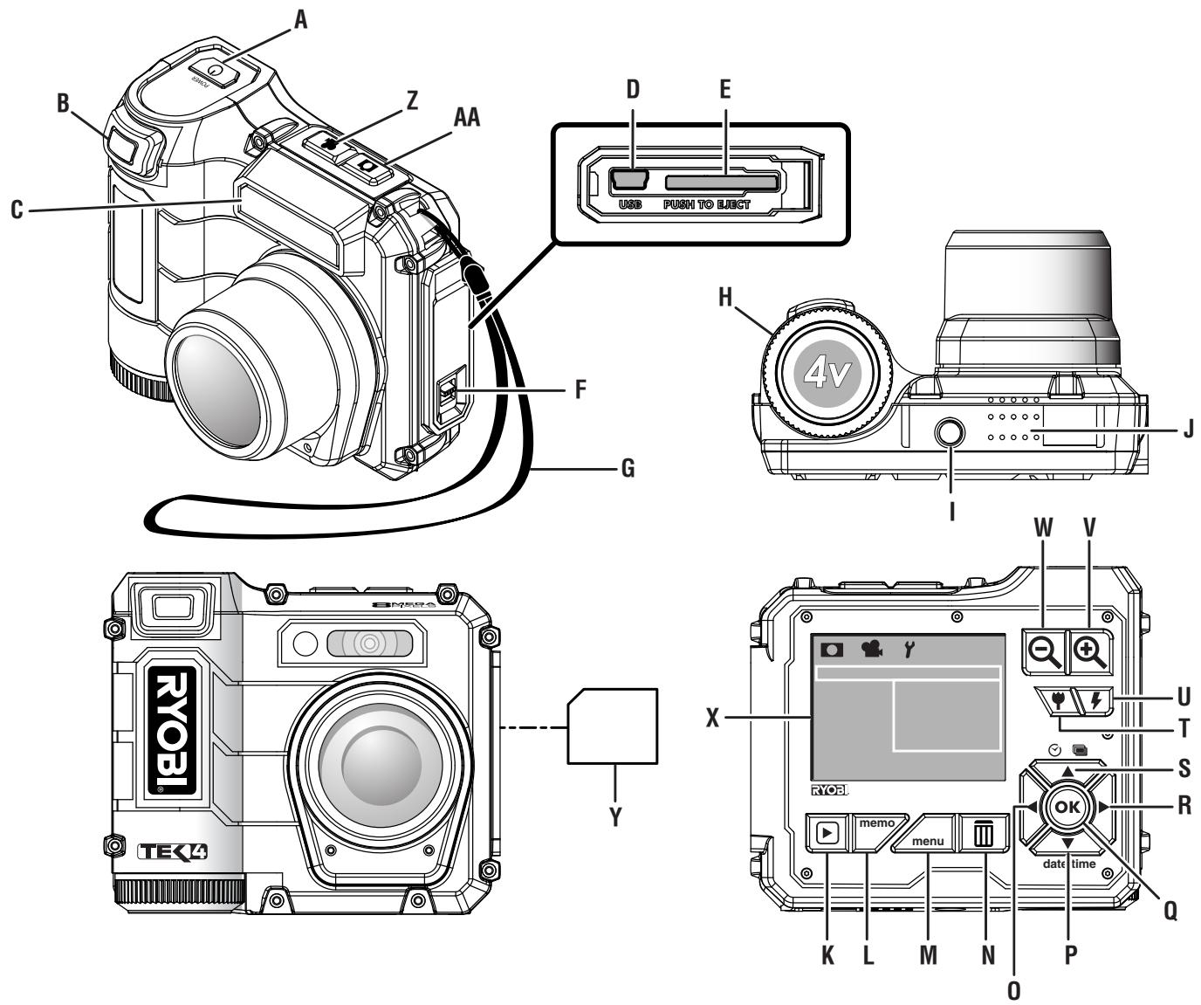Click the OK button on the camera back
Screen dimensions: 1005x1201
point(1067,808)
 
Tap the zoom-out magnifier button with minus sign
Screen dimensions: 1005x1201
point(1045,651)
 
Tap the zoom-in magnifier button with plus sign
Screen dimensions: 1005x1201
point(1090,651)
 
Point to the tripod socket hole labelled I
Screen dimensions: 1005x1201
point(951,433)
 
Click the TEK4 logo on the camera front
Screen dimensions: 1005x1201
point(173,852)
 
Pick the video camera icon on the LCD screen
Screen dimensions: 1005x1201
point(870,649)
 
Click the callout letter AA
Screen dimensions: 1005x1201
point(468,117)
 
